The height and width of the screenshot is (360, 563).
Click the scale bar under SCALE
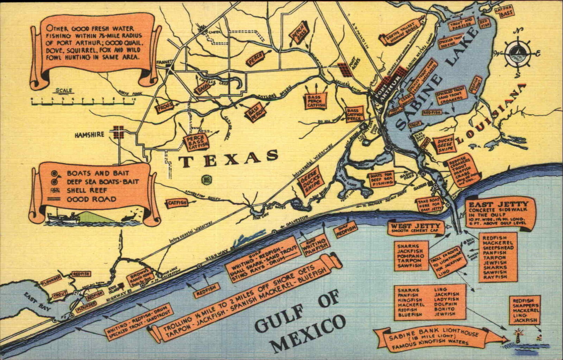(82, 103)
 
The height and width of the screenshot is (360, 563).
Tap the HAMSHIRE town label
(89, 134)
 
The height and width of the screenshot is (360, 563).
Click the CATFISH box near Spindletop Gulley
(176, 203)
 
